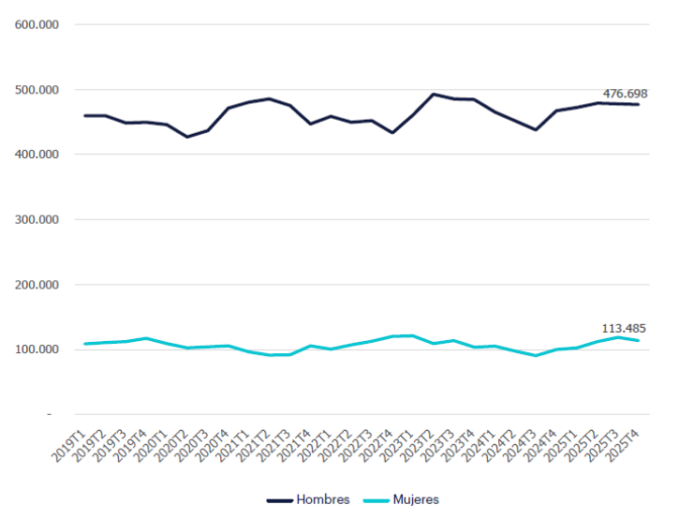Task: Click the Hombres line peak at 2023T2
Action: pyautogui.click(x=434, y=94)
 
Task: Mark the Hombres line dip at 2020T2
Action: pyautogui.click(x=187, y=137)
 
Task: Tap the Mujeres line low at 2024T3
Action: pyautogui.click(x=536, y=355)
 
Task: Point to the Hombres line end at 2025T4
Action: pyautogui.click(x=639, y=104)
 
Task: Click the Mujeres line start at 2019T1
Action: pyautogui.click(x=85, y=344)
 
